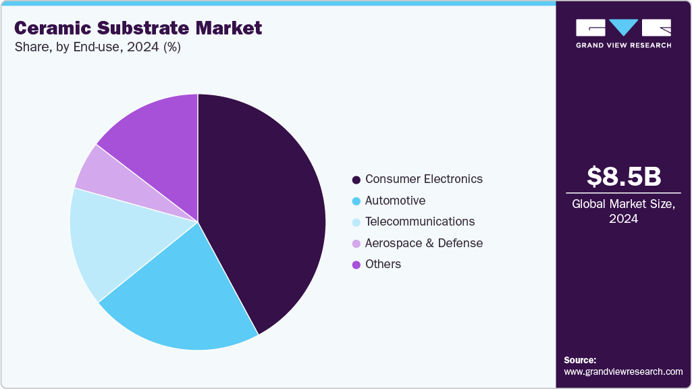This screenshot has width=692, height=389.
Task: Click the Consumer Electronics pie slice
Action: (x=263, y=209)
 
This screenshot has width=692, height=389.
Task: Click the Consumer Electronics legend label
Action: (x=424, y=179)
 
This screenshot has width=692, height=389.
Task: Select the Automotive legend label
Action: (x=395, y=201)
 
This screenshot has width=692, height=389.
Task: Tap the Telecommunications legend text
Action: (x=420, y=222)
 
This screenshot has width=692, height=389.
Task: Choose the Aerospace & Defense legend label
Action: (x=424, y=243)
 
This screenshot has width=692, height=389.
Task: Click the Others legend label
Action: (x=383, y=264)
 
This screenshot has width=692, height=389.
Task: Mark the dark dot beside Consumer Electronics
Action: (x=356, y=180)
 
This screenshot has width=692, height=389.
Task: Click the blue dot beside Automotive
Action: (x=356, y=201)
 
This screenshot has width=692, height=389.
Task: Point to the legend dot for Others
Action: (x=356, y=265)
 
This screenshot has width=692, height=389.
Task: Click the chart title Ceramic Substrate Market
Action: (x=138, y=28)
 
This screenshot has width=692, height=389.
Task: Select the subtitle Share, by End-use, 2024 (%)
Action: (x=97, y=47)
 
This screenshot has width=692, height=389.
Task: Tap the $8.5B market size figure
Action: (x=624, y=176)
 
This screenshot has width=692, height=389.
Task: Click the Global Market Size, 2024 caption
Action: (x=624, y=211)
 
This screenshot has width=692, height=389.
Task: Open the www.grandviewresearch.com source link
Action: (x=623, y=371)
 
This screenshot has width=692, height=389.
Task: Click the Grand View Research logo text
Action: (x=623, y=45)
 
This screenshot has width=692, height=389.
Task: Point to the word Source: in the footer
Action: (x=580, y=360)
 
